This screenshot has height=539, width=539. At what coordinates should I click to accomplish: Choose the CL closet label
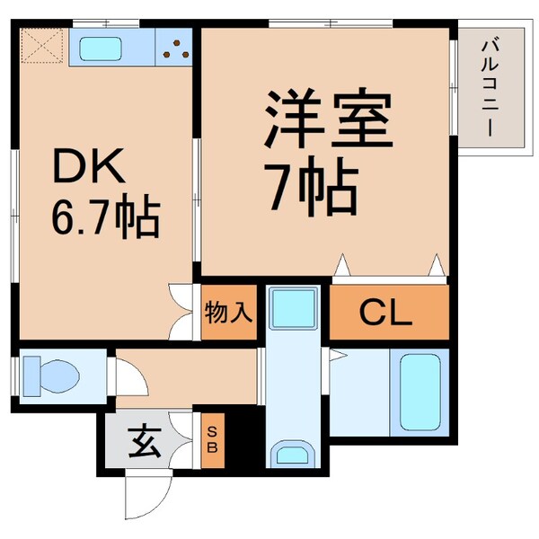click(x=385, y=314)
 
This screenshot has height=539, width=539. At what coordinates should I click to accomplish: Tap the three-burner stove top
click(x=175, y=48)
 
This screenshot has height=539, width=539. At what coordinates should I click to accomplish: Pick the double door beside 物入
click(x=183, y=313)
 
